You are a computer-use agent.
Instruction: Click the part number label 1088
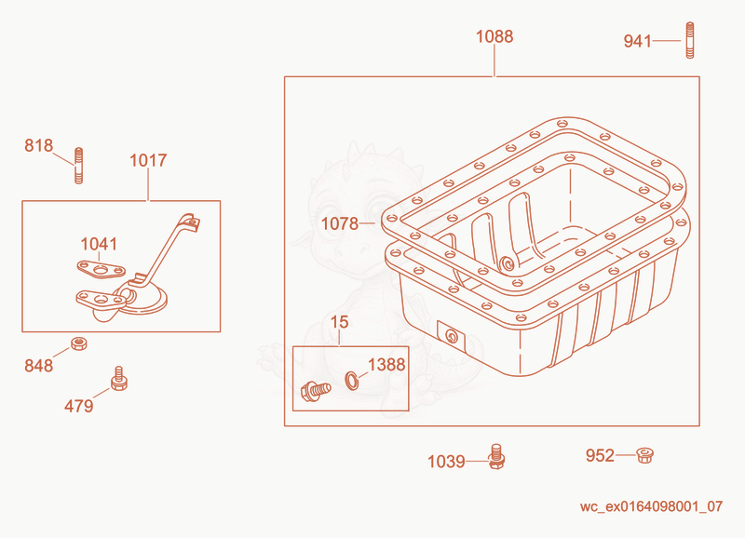[x=494, y=36]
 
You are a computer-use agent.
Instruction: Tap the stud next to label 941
[x=690, y=40]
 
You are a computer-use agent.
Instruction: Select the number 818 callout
[x=39, y=145]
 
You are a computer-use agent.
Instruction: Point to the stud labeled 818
[x=79, y=166]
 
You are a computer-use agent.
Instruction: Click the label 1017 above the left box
[x=148, y=160]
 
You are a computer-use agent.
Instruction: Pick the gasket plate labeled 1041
[x=102, y=270]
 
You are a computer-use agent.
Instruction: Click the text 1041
[x=99, y=244]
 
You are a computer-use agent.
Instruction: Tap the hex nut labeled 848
[x=78, y=343]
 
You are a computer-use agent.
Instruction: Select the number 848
[x=39, y=366]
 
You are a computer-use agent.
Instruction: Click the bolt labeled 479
[x=119, y=379]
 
